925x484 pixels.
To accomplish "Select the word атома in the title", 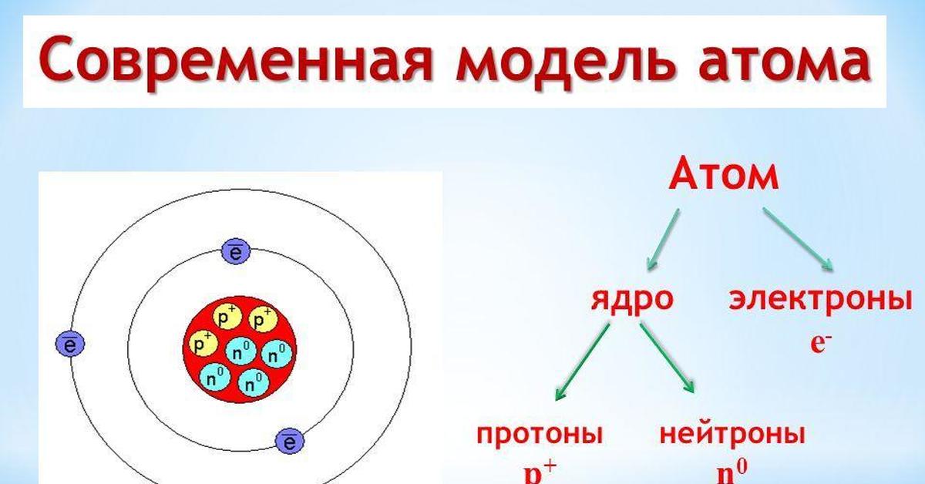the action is tap(785, 60).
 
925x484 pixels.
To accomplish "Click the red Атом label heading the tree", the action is tap(724, 175).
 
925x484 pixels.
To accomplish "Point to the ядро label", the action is tap(632, 300).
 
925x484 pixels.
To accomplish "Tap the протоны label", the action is tap(540, 435).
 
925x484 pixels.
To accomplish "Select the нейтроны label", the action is tap(732, 434).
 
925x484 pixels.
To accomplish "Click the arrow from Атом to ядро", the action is tap(663, 240).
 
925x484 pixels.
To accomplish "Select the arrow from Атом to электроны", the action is tap(799, 240).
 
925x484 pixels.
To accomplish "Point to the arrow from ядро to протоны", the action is tap(582, 361).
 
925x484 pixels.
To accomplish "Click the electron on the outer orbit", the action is tap(70, 344).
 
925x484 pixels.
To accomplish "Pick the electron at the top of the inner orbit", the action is tap(236, 250).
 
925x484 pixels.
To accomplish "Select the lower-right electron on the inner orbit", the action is tap(290, 442).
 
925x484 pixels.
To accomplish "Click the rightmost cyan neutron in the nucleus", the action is tap(277, 354).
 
